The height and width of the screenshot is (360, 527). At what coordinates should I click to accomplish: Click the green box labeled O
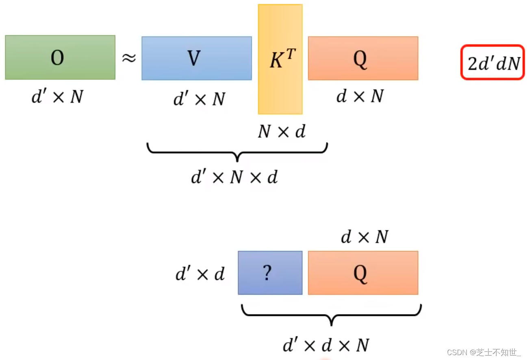click(60, 57)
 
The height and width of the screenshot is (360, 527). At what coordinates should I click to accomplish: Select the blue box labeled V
click(196, 58)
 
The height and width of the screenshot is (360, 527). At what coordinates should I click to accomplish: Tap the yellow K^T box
click(280, 59)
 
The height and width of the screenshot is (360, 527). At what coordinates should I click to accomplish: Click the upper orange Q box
click(363, 58)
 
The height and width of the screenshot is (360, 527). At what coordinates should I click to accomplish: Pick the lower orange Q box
click(363, 273)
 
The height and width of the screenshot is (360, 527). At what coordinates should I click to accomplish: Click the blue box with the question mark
click(270, 273)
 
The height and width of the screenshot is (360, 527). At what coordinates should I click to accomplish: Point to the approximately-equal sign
click(128, 58)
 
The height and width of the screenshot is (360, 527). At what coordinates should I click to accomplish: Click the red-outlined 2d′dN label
click(492, 62)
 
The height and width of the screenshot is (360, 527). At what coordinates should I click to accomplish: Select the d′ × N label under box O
click(57, 97)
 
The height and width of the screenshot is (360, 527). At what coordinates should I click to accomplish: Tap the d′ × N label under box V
click(199, 99)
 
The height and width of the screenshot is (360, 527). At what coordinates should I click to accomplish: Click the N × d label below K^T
click(282, 131)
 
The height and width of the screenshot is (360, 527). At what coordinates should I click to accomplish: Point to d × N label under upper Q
click(360, 96)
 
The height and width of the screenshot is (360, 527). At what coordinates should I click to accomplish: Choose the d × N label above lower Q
click(365, 236)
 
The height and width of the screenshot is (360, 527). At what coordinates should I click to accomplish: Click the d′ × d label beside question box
click(200, 274)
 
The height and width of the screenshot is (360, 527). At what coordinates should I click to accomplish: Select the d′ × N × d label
click(234, 177)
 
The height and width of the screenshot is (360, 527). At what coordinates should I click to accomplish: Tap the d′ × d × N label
click(326, 345)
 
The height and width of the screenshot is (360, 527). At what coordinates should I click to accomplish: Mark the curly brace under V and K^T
click(237, 151)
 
